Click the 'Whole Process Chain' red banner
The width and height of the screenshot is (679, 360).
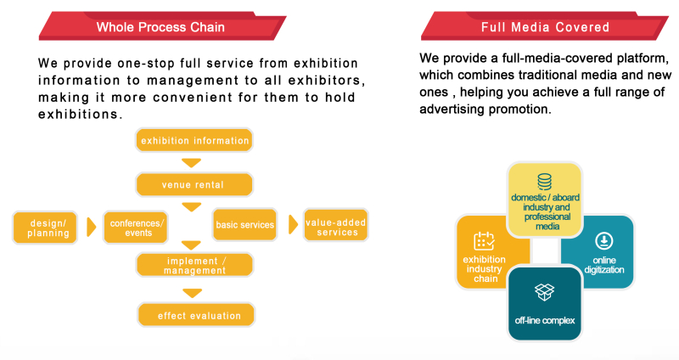coord(162,26)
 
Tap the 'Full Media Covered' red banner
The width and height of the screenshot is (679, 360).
coord(544,26)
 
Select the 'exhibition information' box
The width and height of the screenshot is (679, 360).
coord(194,140)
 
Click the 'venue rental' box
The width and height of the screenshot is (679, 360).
coord(194,184)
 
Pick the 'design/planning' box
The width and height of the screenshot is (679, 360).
coord(45,228)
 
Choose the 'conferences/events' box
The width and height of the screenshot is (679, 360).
coord(136,228)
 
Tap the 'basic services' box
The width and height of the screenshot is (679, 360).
coord(244,224)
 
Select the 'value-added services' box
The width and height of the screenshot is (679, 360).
coord(336,225)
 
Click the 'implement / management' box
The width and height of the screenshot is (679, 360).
coord(194,265)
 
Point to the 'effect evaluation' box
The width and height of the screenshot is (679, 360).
coord(196,314)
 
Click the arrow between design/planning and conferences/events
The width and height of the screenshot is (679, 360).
coord(91,227)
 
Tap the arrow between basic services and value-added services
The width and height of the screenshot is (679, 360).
coord(293,224)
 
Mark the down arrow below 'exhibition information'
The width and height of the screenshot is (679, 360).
coord(192,162)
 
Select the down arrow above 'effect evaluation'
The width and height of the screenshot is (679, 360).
coord(193,293)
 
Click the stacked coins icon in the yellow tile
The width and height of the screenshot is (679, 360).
coord(544,182)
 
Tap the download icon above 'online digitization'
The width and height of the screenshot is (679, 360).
coord(604,240)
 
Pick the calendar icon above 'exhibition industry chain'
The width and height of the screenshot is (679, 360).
coord(484,241)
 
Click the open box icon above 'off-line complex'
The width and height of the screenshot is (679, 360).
coord(544,292)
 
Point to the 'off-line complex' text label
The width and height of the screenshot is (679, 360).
coord(545,321)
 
